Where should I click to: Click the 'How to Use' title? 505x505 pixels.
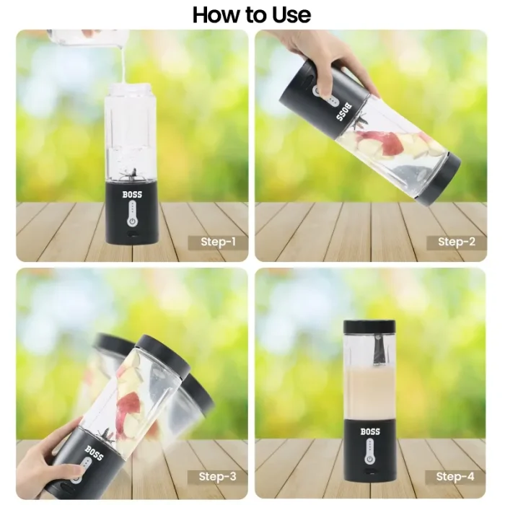[x=252, y=14]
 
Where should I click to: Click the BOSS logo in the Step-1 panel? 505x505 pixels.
[x=132, y=193]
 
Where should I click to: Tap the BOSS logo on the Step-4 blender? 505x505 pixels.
[x=370, y=431]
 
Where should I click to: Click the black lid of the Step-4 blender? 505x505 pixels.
[x=369, y=325]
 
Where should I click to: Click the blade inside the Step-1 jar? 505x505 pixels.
[x=132, y=172]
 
